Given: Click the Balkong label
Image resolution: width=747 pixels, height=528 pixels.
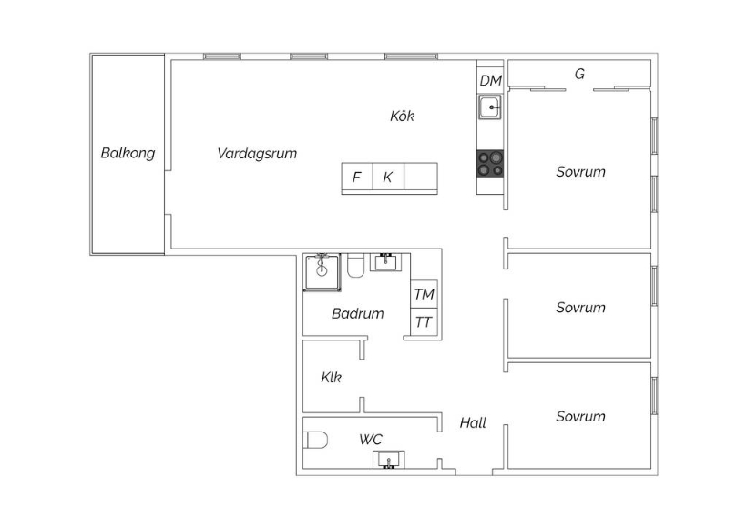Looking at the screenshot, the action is pos(128,153).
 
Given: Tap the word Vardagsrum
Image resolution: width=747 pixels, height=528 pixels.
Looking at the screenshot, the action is pos(257,153).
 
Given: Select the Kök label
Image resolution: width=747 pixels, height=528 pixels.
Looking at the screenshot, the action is pos(402,116).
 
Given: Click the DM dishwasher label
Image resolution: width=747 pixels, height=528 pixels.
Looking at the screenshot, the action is pos(490,80).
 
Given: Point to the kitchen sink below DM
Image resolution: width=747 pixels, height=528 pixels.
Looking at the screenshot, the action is pos(490,107).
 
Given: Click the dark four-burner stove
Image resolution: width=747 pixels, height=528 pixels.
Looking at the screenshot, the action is pos(490,163).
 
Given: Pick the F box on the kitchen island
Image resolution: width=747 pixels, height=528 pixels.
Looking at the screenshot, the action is pos(357,178).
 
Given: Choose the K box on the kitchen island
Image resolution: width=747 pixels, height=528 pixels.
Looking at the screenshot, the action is pos(388,178).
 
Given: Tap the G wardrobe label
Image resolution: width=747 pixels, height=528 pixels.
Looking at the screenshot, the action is pos(579,74).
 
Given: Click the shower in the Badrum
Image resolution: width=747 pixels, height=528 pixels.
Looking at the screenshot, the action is pos(322,272).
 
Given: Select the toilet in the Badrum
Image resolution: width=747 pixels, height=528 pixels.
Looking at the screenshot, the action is pos(356,265).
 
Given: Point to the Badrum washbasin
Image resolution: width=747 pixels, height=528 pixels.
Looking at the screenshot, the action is pos(385,262).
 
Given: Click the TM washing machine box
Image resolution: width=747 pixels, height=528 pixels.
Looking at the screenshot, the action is pos(424,294).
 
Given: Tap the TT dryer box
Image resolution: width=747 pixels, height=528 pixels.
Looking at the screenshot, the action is pos(424,322).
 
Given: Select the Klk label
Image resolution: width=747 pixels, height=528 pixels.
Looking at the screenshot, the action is pos(331,378).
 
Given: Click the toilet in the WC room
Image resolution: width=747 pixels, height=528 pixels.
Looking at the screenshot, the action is pos(316,440).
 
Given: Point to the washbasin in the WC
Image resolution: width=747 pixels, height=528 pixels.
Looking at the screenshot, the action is pos(389,460).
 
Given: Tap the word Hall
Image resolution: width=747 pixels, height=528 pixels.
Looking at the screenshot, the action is pos(473,422).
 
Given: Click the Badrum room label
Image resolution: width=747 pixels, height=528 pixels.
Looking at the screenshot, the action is pos(358,313).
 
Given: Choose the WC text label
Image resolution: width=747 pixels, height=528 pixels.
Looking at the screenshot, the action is pos(371,439).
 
